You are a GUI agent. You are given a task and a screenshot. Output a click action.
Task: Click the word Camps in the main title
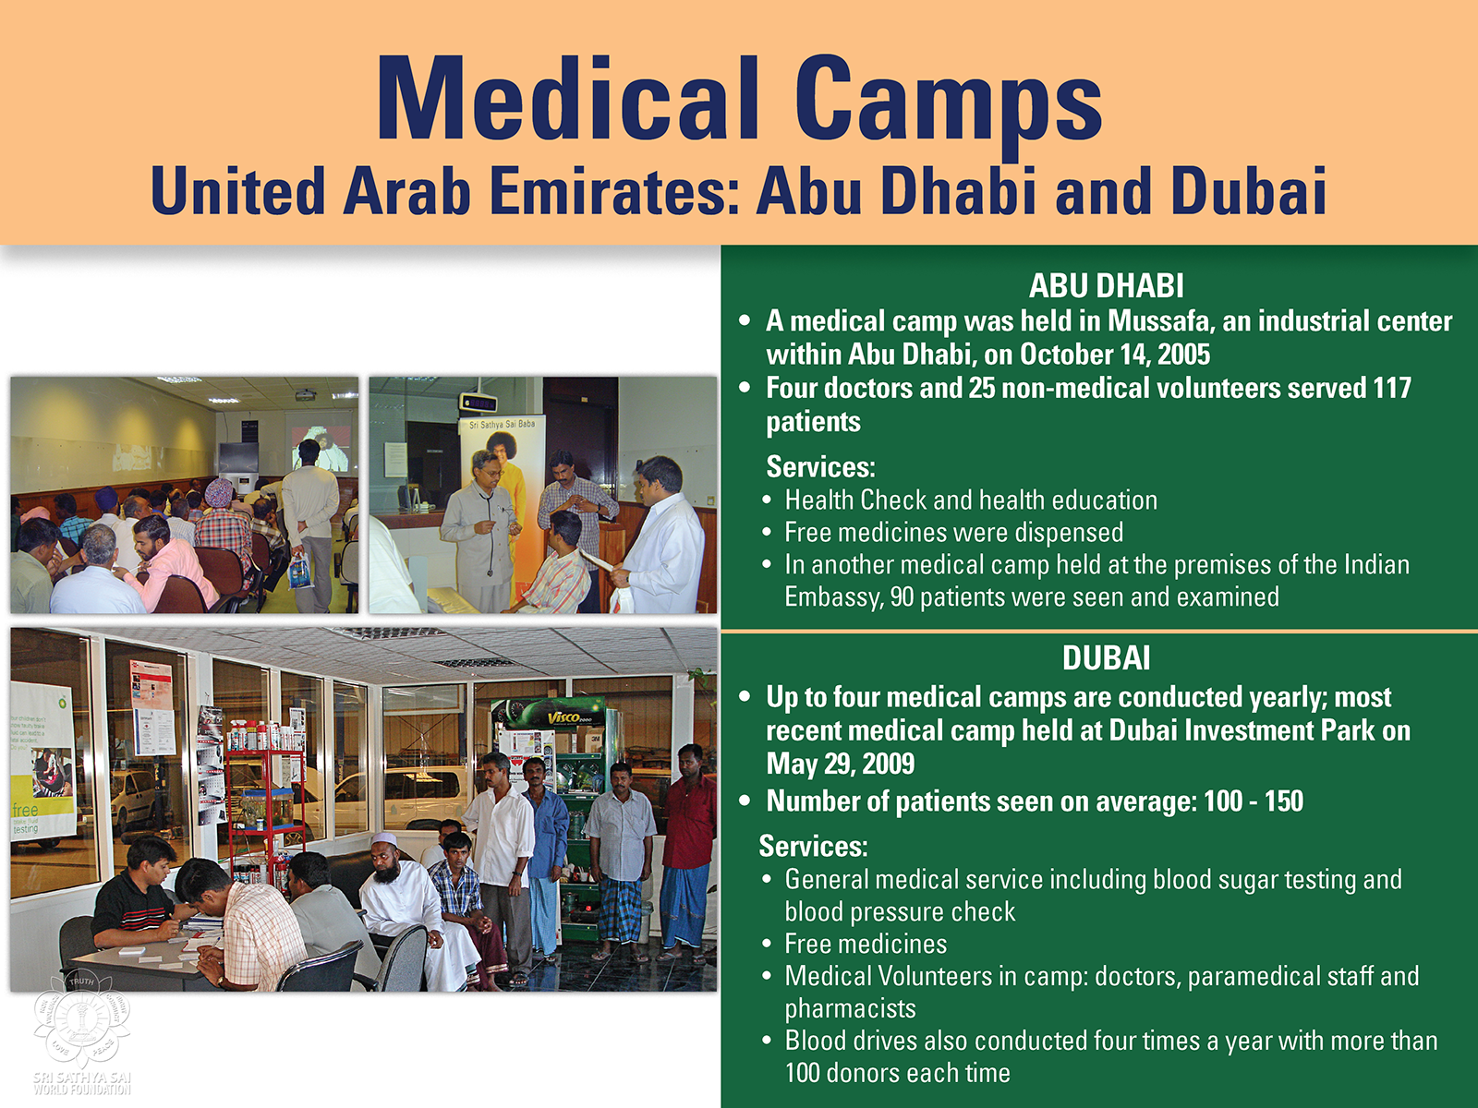point(948,108)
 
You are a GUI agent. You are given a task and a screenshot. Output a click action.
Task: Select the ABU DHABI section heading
point(1106,286)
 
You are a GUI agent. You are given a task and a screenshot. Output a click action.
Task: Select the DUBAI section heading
point(1107,658)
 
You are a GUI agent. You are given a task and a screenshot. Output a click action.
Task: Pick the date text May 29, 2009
point(841,764)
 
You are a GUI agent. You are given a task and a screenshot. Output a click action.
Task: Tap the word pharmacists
point(850,1008)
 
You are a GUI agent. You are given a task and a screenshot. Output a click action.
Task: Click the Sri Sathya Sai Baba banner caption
point(503,425)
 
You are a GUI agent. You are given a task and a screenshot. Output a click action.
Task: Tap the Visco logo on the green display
point(565,717)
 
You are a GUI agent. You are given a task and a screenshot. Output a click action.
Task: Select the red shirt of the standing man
point(690,821)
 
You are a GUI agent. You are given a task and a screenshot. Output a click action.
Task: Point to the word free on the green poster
point(25,810)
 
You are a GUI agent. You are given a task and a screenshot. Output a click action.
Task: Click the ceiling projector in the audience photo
point(305,395)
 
